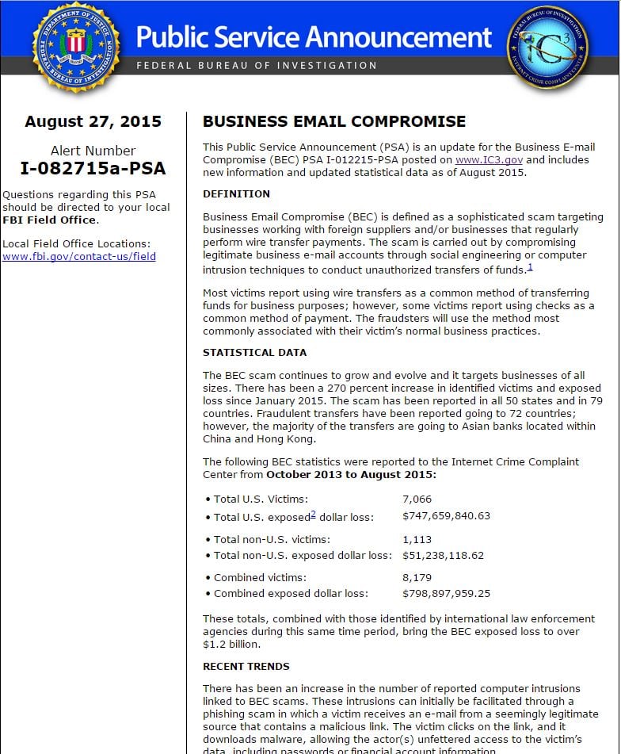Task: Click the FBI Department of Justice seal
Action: point(75,46)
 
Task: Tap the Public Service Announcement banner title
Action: point(314,36)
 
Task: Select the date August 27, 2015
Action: point(93,121)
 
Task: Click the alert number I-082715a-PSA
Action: point(93,167)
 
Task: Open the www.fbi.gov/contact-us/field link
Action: point(79,256)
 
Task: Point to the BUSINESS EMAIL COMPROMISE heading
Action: point(334,121)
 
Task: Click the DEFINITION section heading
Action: point(236,193)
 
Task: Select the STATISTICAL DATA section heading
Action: point(254,352)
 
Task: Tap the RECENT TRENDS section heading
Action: point(246,666)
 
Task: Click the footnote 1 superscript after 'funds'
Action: point(530,267)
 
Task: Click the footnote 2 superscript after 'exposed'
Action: point(313,514)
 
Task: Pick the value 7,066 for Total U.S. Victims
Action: point(417,499)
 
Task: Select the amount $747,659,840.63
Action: point(446,516)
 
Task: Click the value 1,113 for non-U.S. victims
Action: point(417,539)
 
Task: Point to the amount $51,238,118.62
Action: point(443,555)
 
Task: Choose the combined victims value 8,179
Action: point(417,577)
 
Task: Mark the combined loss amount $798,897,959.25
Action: point(446,593)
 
